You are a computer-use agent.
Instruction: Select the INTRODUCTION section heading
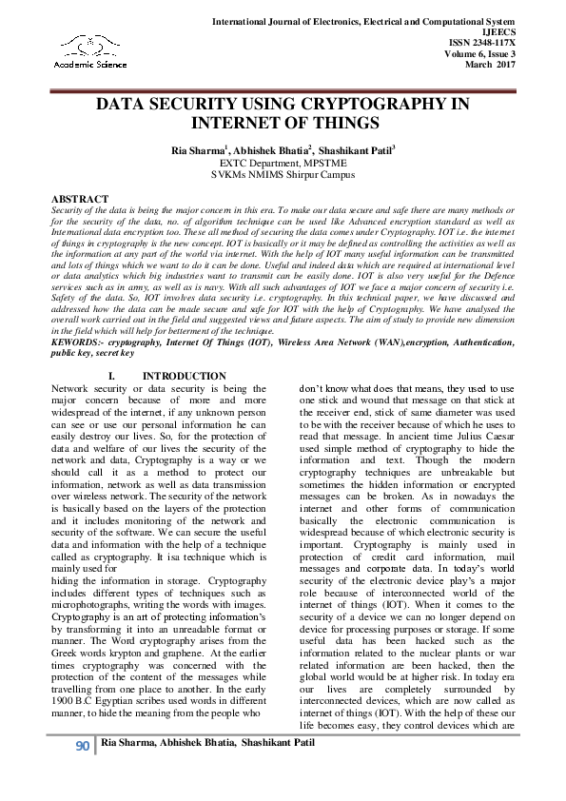184,376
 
